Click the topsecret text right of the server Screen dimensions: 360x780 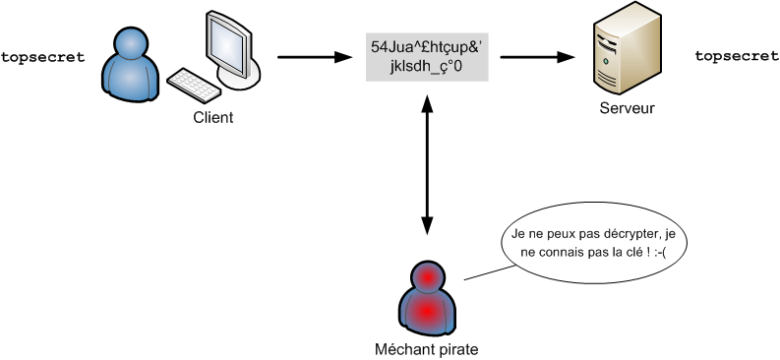737,57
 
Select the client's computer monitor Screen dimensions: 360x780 229,44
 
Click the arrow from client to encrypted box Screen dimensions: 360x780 314,58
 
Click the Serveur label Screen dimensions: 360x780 627,107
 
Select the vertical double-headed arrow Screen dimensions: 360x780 427,163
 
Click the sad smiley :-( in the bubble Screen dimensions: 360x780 665,254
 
